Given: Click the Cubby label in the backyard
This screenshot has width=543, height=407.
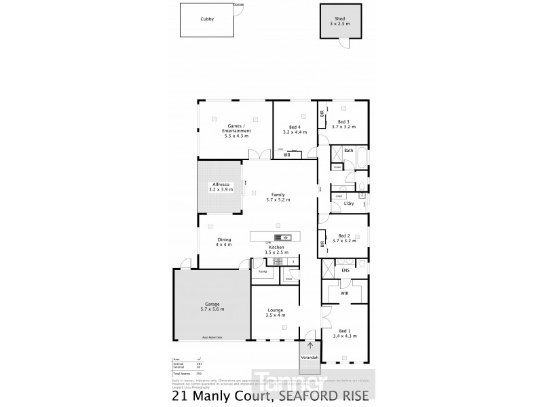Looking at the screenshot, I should click(207, 20).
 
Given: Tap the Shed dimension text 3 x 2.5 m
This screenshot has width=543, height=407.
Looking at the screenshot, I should click(339, 24).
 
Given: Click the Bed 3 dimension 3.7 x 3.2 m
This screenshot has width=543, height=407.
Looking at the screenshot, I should click(344, 127).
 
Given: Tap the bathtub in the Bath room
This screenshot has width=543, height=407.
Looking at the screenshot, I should click(360, 158).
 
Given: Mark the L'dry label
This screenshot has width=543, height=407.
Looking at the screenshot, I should click(349, 203).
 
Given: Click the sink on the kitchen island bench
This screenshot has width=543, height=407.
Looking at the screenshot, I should click(286, 237).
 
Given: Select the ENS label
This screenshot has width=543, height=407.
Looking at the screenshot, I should click(345, 271).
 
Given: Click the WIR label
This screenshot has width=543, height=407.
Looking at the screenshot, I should click(344, 294).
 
